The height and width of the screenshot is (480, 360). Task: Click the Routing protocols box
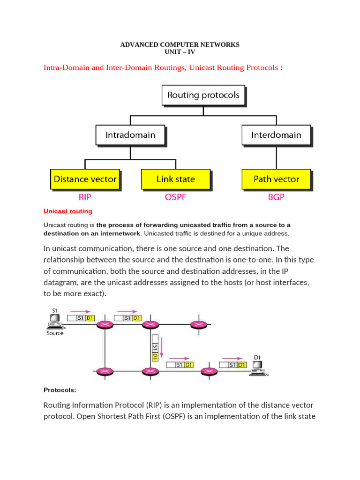[203, 95]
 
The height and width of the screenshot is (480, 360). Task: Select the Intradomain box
[130, 135]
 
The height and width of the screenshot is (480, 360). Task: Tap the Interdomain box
[276, 135]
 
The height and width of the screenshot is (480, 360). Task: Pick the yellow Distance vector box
[85, 179]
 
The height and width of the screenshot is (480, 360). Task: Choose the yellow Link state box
[175, 179]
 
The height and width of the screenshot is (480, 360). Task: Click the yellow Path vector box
[276, 179]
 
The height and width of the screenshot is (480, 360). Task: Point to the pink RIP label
[85, 197]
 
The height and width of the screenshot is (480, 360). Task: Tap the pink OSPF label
[175, 197]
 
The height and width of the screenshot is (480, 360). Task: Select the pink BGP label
[276, 197]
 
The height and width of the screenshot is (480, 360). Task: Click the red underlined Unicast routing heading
[68, 211]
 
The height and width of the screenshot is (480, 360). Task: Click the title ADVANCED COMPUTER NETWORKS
[180, 45]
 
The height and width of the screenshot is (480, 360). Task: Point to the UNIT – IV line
[180, 52]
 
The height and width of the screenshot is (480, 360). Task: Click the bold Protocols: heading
[60, 390]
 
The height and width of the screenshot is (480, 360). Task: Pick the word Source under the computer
[55, 333]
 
